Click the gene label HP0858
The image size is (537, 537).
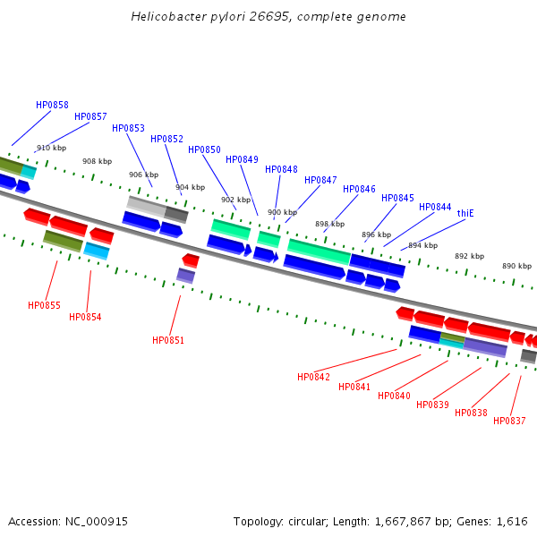(52, 105)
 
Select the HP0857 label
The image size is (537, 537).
(90, 116)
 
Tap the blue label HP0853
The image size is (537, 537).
(128, 128)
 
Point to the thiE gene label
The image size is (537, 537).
(465, 213)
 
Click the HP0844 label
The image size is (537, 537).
(435, 207)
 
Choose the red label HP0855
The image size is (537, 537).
(44, 305)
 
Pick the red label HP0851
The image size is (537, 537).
(168, 340)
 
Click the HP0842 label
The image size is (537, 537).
(313, 377)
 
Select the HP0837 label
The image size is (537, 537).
(509, 421)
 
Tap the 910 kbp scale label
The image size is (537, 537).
(51, 148)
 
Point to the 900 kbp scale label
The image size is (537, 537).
(282, 212)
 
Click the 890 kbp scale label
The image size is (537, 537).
(516, 266)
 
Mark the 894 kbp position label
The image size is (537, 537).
(422, 245)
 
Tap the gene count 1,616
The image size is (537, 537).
(511, 521)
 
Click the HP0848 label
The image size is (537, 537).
(281, 169)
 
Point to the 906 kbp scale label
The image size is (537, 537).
(143, 175)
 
